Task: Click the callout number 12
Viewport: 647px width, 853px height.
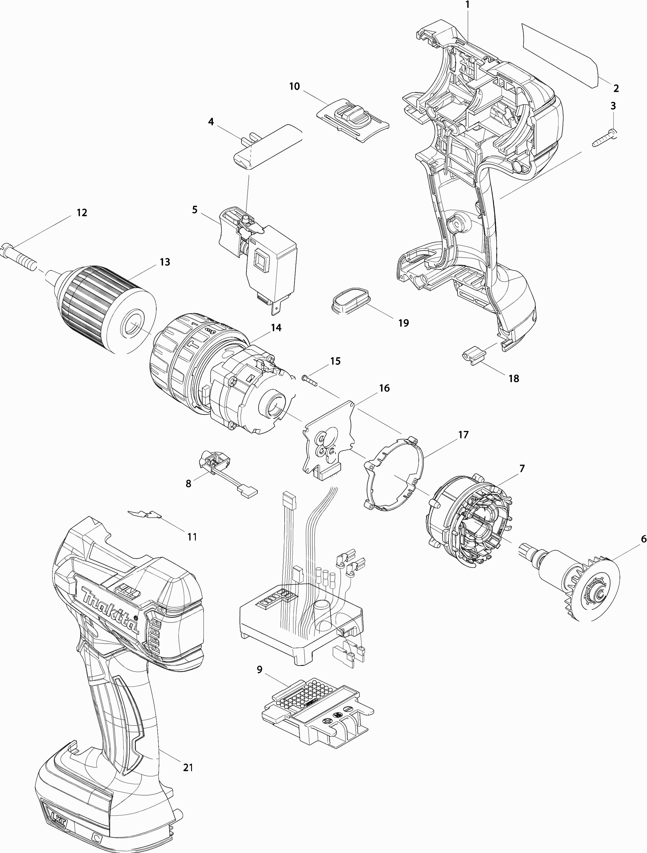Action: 82,213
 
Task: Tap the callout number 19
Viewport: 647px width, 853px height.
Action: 403,323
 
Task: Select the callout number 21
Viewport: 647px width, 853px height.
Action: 188,768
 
